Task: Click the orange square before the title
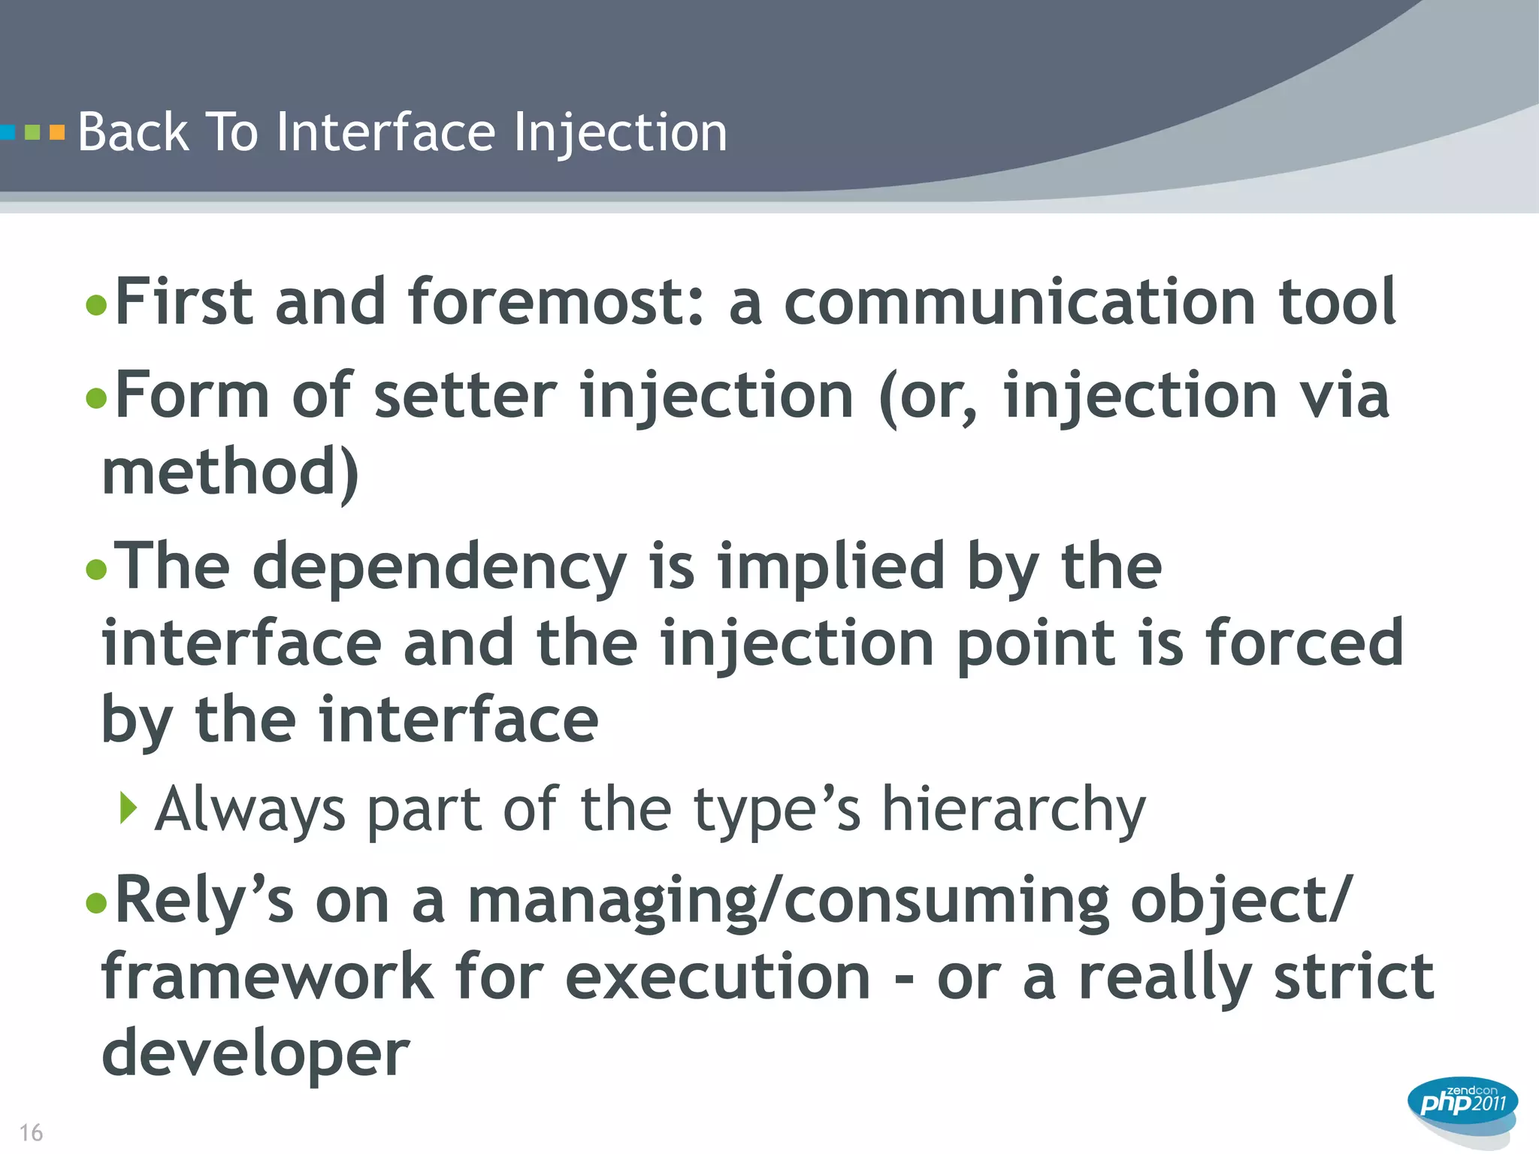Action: (x=57, y=133)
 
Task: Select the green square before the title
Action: (x=32, y=133)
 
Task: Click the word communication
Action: (x=1020, y=302)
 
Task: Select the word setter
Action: (x=465, y=396)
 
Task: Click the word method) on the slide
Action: (x=230, y=473)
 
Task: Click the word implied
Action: (x=830, y=566)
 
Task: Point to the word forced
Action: (x=1305, y=643)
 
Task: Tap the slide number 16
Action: (x=31, y=1132)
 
